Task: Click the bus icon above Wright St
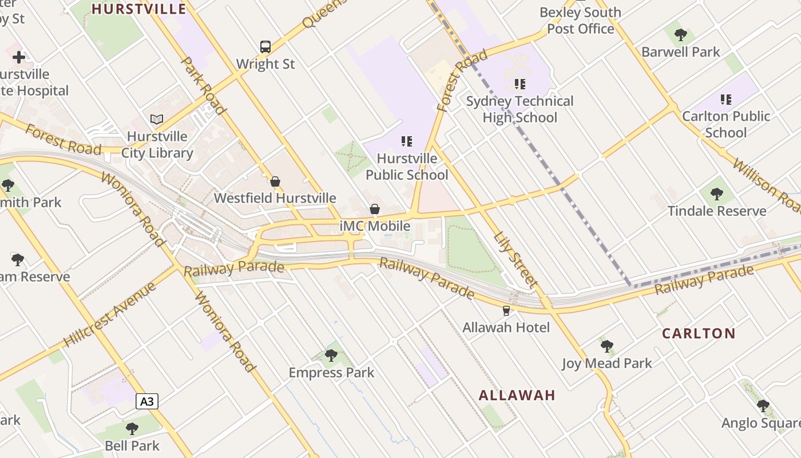pos(265,46)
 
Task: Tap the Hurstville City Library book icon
pos(157,119)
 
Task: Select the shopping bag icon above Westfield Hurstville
pos(275,181)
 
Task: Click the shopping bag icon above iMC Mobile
pos(375,209)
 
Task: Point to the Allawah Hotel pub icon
pos(506,311)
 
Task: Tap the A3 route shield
pos(147,401)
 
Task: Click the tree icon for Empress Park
pos(331,356)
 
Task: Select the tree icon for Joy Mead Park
pos(607,346)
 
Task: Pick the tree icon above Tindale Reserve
pos(717,194)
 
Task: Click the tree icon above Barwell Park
pos(680,35)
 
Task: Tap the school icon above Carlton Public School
pos(726,100)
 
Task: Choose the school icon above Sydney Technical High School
pos(520,84)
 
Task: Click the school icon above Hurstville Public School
pos(407,141)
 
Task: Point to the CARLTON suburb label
pos(699,333)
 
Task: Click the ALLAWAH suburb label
pos(517,395)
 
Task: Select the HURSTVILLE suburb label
pos(139,9)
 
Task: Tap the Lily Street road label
pos(516,259)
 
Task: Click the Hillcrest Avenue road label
pos(109,315)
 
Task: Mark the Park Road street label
pos(204,85)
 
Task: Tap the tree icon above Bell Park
pos(132,428)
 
